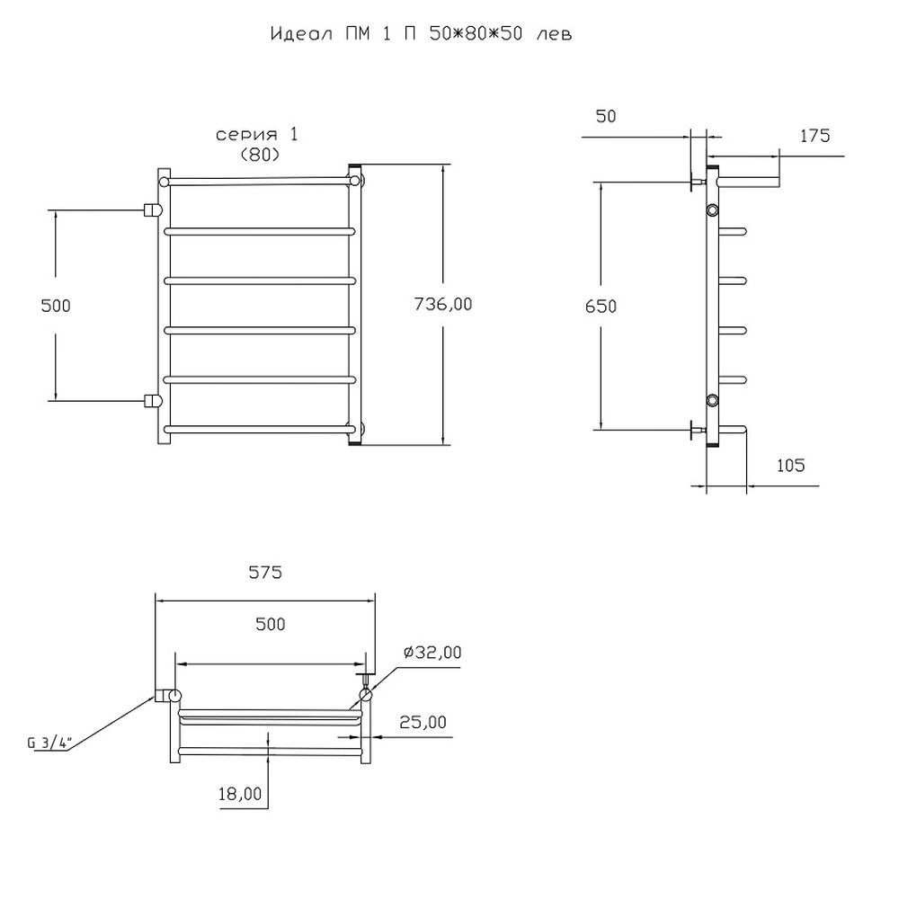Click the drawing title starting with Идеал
(x=421, y=35)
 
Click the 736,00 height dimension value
(x=442, y=304)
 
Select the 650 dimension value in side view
(x=601, y=306)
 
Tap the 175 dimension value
(x=814, y=136)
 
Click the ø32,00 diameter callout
(x=432, y=653)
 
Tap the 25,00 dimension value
(x=422, y=722)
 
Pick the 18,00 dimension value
(x=241, y=794)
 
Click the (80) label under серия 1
(x=259, y=154)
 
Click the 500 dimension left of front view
(x=56, y=305)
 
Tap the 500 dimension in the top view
(x=270, y=624)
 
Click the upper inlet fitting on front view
(x=153, y=210)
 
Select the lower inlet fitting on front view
(x=153, y=400)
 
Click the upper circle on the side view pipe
(x=713, y=210)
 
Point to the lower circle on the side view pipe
(x=713, y=400)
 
